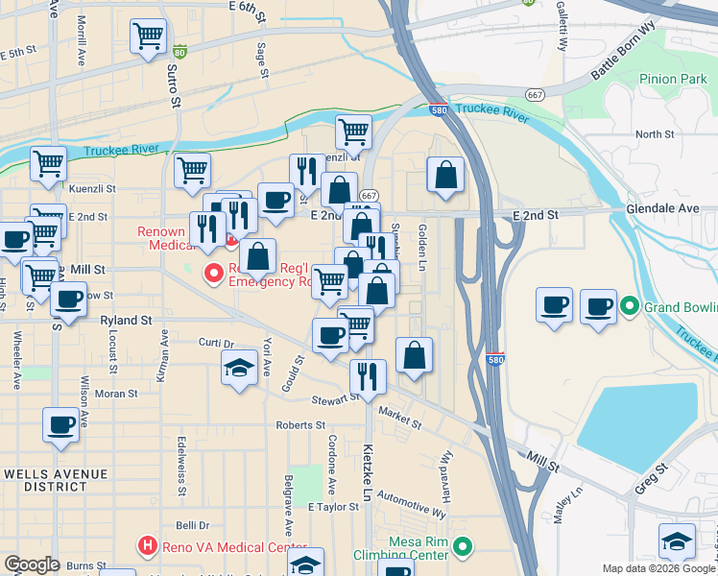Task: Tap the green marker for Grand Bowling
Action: (630, 307)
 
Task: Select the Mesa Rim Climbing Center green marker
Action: (463, 547)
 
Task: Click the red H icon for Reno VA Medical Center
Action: (147, 547)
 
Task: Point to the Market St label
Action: (399, 418)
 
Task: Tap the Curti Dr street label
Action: (216, 343)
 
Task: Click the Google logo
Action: (32, 564)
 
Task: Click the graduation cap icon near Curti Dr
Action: (239, 369)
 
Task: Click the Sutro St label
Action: (176, 85)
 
